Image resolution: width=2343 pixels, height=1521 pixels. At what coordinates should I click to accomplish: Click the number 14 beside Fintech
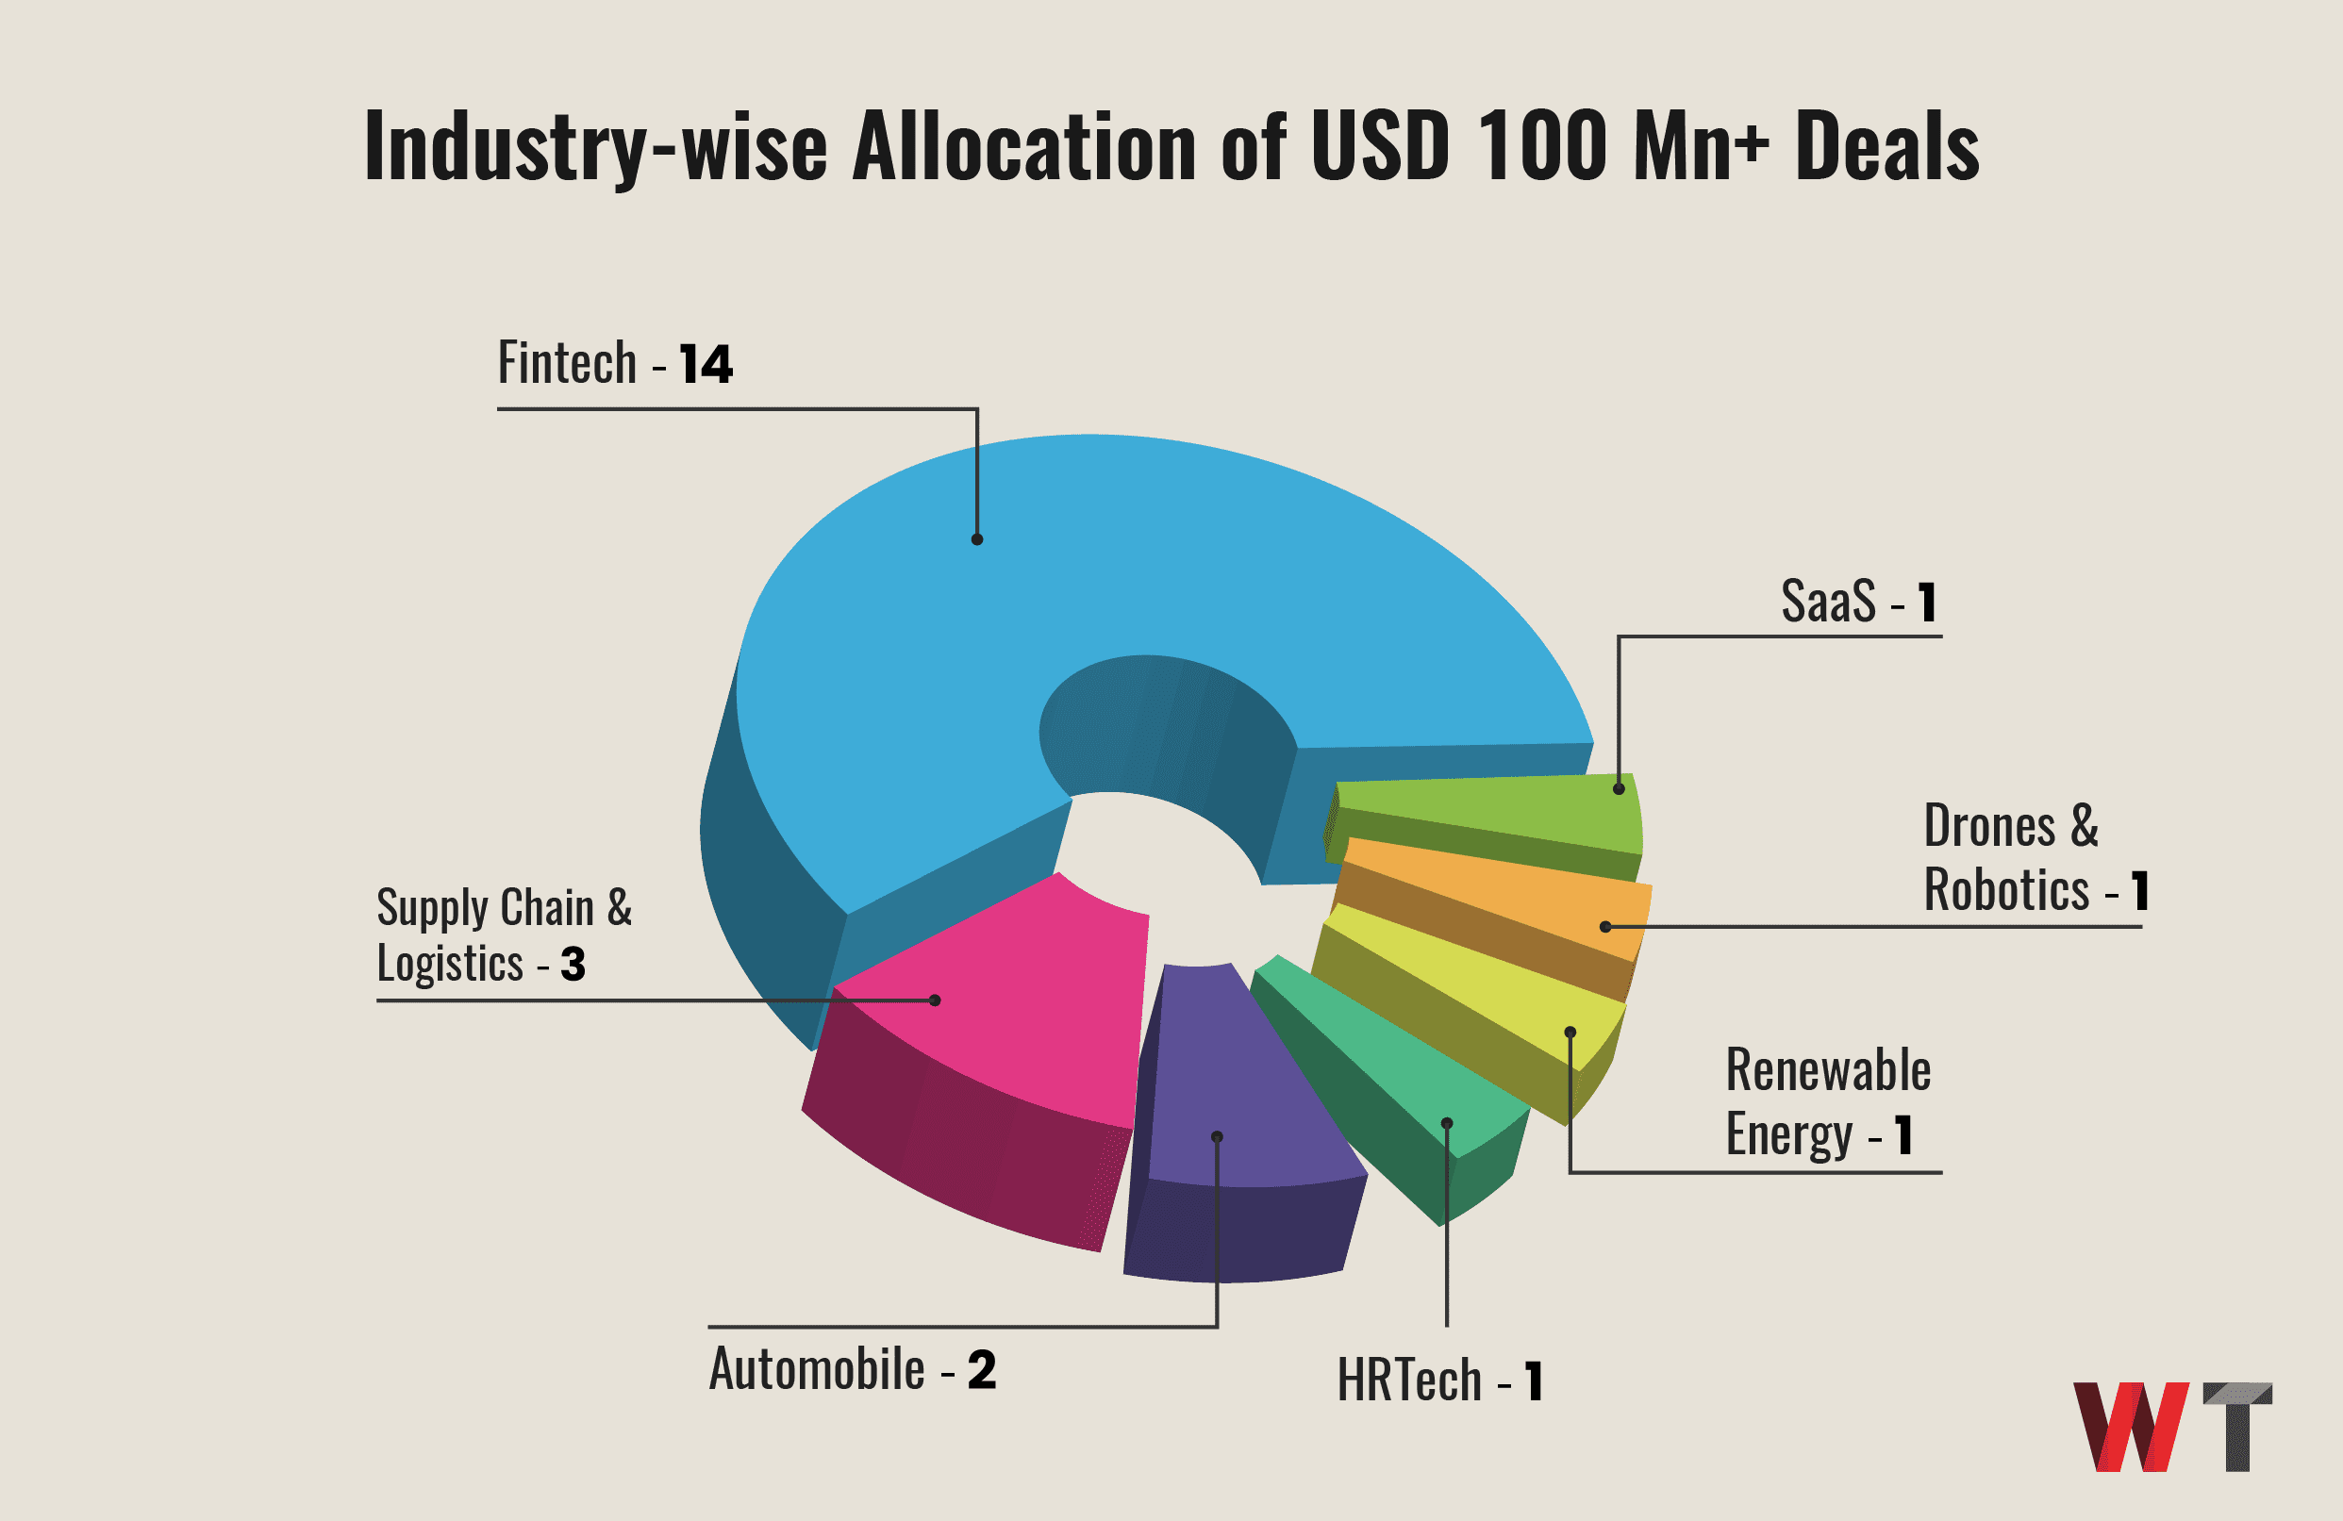(706, 364)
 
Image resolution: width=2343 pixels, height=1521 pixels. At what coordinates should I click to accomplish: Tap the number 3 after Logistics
(573, 964)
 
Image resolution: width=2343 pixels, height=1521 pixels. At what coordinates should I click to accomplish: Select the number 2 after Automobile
(982, 1369)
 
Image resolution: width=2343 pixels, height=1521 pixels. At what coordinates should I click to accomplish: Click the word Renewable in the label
(1828, 1070)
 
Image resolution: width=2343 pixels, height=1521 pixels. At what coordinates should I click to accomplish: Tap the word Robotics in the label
(2006, 890)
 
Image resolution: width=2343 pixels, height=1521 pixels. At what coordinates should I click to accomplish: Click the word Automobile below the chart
(817, 1369)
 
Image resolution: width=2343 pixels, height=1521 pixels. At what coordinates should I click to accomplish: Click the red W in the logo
(2132, 1427)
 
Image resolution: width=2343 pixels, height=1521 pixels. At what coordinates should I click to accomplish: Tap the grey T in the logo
(2238, 1427)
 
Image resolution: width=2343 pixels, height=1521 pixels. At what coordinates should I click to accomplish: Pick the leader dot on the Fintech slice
(977, 539)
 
